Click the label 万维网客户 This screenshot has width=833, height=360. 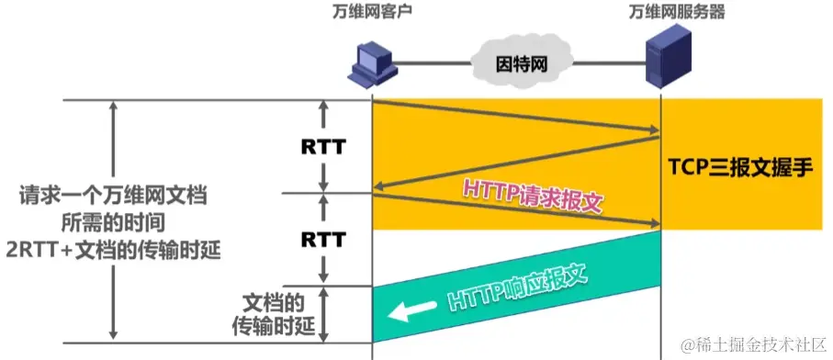pyautogui.click(x=373, y=13)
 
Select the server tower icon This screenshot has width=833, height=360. pyautogui.click(x=662, y=55)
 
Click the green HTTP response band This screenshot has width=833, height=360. pyautogui.click(x=588, y=276)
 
